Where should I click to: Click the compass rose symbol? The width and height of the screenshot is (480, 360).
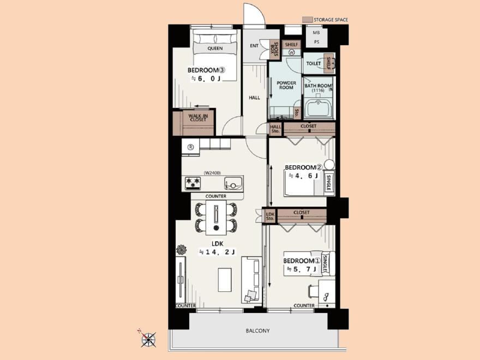click(x=148, y=339)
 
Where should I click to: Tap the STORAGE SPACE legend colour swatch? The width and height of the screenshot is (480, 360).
click(x=307, y=20)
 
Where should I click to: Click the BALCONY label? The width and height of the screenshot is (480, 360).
click(x=258, y=331)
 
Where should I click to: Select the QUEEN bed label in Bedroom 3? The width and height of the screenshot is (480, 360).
click(x=215, y=49)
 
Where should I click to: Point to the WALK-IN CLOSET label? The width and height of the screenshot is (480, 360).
click(x=198, y=118)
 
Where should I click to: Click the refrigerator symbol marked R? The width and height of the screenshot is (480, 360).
click(x=190, y=147)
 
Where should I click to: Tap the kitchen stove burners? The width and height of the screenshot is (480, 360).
click(x=193, y=183)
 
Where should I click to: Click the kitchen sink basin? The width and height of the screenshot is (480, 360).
click(x=233, y=184)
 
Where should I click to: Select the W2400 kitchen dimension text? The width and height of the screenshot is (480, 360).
click(x=212, y=173)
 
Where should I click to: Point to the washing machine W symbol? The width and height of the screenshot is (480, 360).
click(x=291, y=52)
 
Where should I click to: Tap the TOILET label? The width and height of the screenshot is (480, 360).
click(x=314, y=63)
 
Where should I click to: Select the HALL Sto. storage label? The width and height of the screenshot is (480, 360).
click(x=275, y=129)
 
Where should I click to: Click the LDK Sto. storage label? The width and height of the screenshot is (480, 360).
click(x=270, y=217)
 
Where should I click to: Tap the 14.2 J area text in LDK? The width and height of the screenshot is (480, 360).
click(x=218, y=252)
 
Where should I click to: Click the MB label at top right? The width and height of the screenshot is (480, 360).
click(x=316, y=32)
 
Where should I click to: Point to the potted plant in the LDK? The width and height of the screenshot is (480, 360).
click(x=181, y=249)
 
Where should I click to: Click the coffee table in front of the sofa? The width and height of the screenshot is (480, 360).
click(x=225, y=280)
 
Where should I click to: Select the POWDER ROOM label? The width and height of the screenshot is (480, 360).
click(x=286, y=85)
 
